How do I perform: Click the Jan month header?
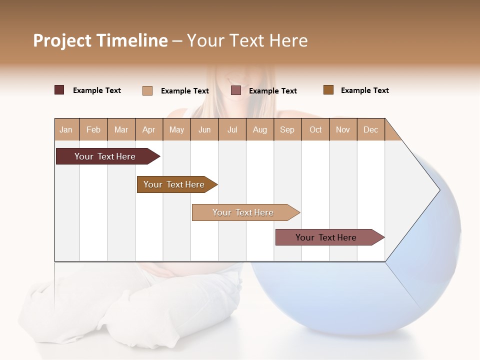(66, 129)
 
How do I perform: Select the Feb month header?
(93, 129)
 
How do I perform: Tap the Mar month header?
(121, 129)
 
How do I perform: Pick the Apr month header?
(149, 129)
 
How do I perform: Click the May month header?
(176, 129)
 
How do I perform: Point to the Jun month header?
(204, 129)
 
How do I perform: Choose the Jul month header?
(232, 129)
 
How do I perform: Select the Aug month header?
(260, 129)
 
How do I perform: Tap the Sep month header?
(287, 129)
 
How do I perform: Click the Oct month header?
(315, 129)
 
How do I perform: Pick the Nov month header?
(343, 129)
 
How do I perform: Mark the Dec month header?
(371, 129)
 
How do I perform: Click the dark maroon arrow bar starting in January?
(105, 156)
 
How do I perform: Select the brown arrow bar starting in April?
(174, 184)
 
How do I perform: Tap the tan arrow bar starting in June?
(243, 212)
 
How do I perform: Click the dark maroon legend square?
(59, 90)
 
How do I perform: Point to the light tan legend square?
(147, 90)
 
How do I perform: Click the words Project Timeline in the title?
(100, 40)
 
